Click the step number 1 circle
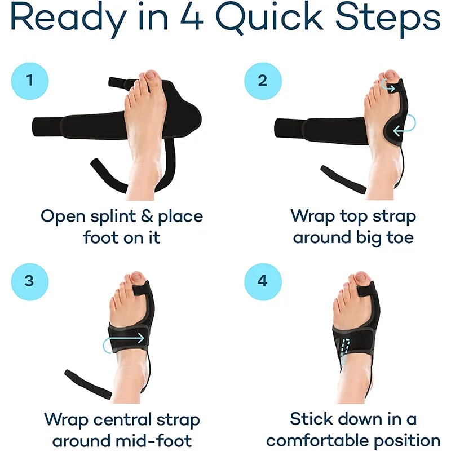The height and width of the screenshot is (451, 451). [29, 81]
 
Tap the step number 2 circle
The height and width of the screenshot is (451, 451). [262, 81]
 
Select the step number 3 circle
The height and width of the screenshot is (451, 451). [29, 281]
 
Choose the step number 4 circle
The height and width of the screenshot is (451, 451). [262, 281]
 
